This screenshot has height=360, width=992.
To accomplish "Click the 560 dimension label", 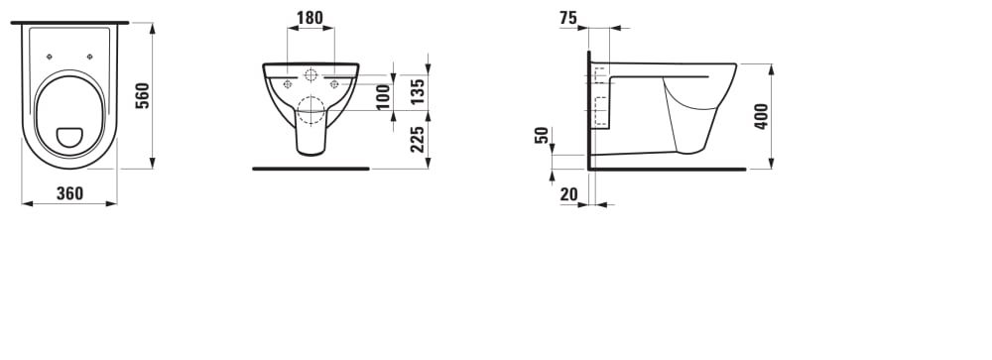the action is click(x=144, y=95).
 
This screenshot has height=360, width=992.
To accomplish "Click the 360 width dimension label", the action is click(x=69, y=193).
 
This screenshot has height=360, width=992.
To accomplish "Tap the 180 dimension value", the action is click(x=310, y=18).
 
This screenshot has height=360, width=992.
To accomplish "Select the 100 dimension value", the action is click(x=384, y=97).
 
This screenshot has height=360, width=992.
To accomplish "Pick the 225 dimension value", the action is click(x=417, y=139).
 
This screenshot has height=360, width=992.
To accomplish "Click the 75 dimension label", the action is click(x=568, y=19).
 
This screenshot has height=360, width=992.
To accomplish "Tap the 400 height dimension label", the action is click(x=761, y=116).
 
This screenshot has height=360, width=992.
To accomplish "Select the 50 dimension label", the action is click(x=542, y=136).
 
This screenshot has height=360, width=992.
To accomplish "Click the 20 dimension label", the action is click(x=568, y=194).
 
